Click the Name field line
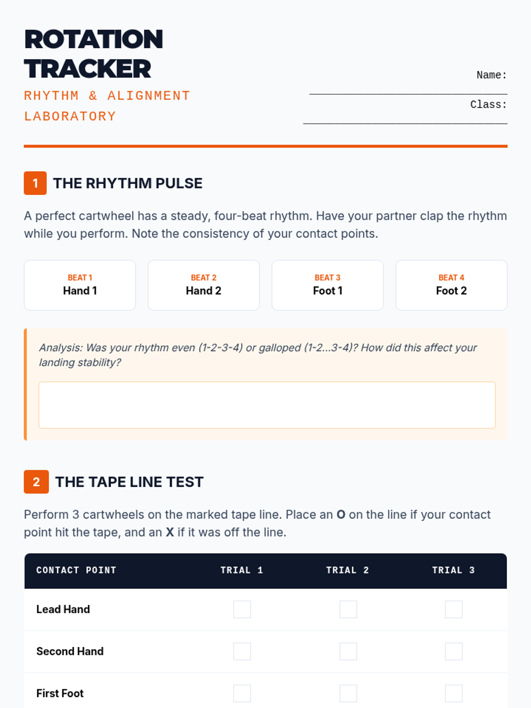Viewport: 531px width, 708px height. pyautogui.click(x=408, y=94)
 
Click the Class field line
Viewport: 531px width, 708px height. pyautogui.click(x=405, y=123)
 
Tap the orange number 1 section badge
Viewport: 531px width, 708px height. pyautogui.click(x=35, y=183)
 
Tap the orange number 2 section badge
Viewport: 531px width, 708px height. pyautogui.click(x=36, y=481)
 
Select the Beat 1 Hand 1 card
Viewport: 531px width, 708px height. pyautogui.click(x=80, y=285)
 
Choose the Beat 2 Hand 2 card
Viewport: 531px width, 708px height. pyautogui.click(x=204, y=285)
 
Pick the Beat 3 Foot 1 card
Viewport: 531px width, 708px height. pyautogui.click(x=327, y=285)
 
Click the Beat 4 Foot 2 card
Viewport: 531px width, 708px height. pyautogui.click(x=451, y=285)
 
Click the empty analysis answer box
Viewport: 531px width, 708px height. pyautogui.click(x=267, y=405)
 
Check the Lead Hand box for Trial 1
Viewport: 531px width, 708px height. pyautogui.click(x=242, y=609)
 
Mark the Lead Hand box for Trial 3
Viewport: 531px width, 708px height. pyautogui.click(x=454, y=609)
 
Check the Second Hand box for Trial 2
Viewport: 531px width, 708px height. pyautogui.click(x=348, y=651)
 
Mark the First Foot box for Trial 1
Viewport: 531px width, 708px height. pyautogui.click(x=242, y=693)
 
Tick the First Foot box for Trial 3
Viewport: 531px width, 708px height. pyautogui.click(x=454, y=693)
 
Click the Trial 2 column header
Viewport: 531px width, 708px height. pyautogui.click(x=347, y=570)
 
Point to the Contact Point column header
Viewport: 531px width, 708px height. pyautogui.click(x=77, y=570)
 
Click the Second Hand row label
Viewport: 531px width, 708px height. pyautogui.click(x=70, y=651)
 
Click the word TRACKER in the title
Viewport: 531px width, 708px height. pyautogui.click(x=87, y=69)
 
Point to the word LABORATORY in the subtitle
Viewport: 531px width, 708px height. pyautogui.click(x=70, y=116)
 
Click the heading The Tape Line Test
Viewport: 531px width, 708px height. pyautogui.click(x=129, y=482)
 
